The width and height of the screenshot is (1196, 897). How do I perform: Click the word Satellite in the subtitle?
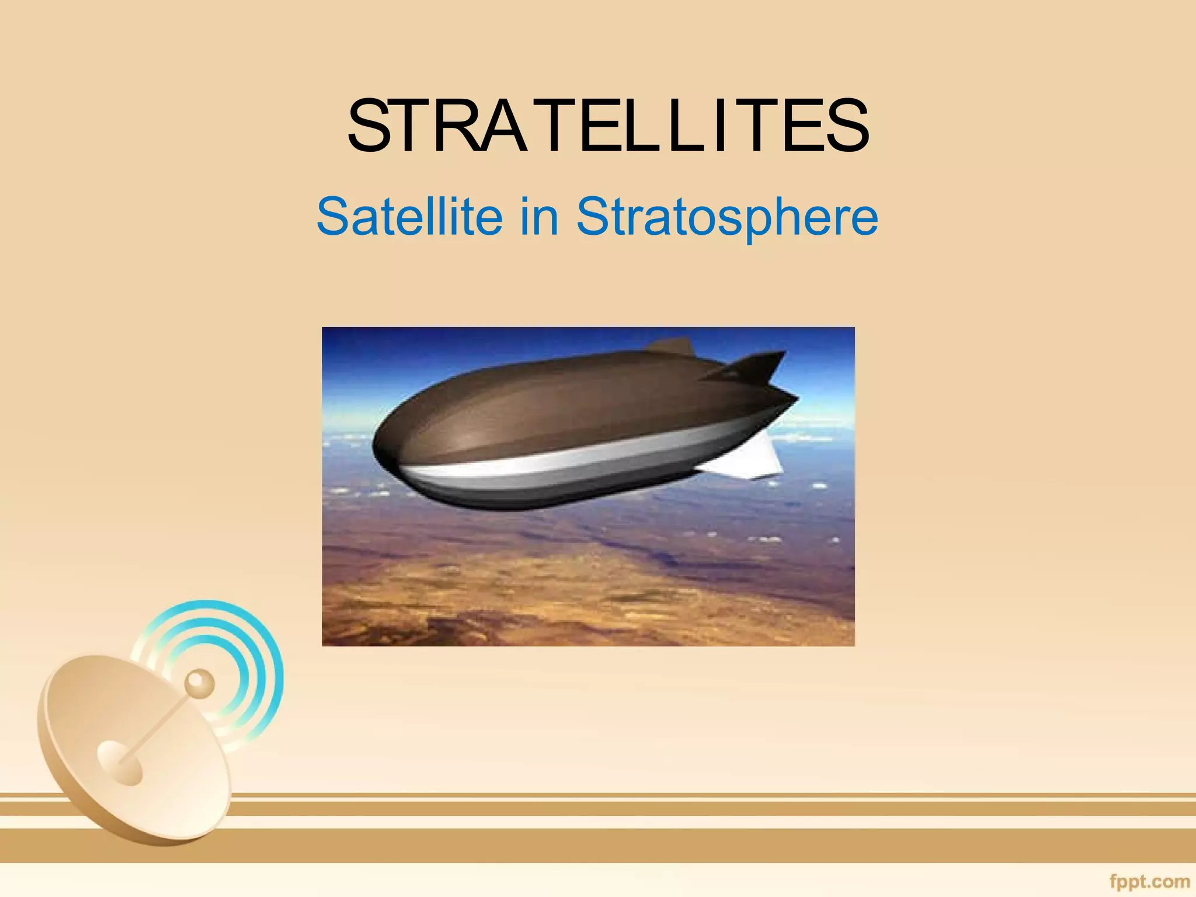(x=409, y=217)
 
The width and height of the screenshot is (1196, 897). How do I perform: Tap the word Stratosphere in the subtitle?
(x=727, y=217)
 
